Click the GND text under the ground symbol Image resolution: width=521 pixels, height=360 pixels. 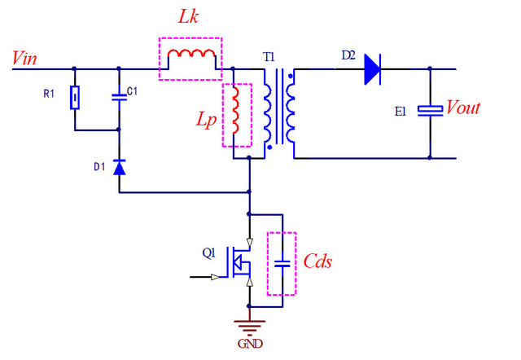click(x=249, y=343)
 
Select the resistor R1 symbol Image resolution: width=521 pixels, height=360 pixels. click(x=75, y=98)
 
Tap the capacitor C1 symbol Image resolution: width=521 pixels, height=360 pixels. click(x=120, y=97)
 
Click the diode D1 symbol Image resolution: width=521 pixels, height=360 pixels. click(x=120, y=168)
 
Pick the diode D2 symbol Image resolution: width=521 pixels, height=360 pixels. click(x=373, y=68)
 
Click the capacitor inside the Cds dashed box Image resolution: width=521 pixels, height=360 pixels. click(x=282, y=263)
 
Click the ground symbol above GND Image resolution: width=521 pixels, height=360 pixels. click(x=249, y=321)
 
